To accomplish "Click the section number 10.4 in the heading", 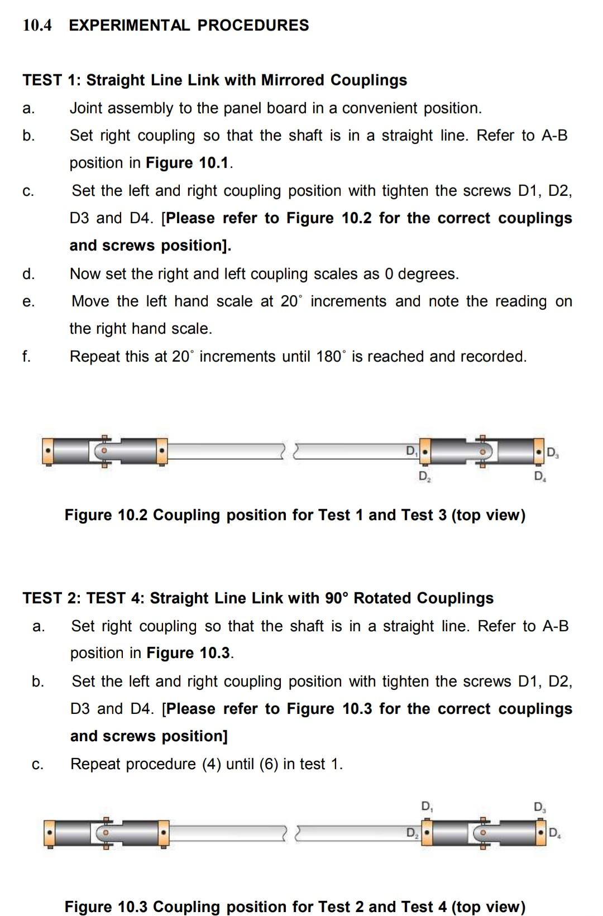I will click(x=37, y=25).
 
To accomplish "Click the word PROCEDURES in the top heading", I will click(x=253, y=25).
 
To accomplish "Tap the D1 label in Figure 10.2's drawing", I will click(x=411, y=450).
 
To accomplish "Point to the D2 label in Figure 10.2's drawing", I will click(x=424, y=476).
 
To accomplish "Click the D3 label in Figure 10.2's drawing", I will click(x=552, y=452).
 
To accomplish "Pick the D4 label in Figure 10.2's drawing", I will click(x=539, y=476).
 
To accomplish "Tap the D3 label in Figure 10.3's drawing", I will click(x=539, y=807).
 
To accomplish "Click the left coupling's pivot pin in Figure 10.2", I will click(x=104, y=449).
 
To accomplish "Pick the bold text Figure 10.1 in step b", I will click(x=188, y=162).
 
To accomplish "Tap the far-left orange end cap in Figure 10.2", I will click(x=49, y=450).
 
